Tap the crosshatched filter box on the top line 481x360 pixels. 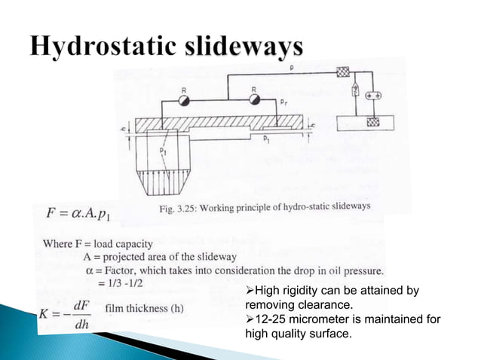coord(342,73)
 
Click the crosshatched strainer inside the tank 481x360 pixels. coord(372,122)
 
